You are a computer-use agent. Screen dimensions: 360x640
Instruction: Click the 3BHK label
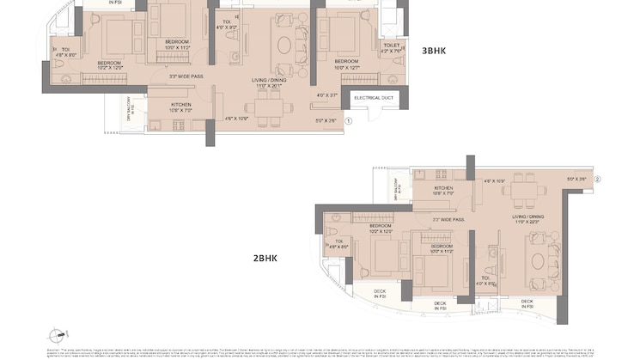tap(434, 51)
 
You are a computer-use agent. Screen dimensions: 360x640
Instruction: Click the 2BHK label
tap(265, 257)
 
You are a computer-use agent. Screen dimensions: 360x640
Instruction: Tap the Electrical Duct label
tap(373, 97)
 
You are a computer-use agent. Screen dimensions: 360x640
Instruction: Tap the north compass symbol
tap(58, 335)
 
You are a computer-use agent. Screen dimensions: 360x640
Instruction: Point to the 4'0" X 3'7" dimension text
tap(327, 95)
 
